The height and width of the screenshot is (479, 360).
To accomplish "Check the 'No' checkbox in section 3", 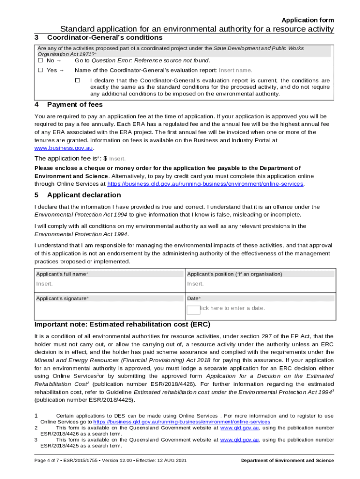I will [40, 60].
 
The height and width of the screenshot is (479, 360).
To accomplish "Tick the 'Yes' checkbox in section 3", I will [40, 70].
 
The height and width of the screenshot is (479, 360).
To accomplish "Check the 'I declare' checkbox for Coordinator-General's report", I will [78, 80].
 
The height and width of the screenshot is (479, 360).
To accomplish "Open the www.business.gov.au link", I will [60, 147].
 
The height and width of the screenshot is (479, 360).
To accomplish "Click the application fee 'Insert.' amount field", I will [117, 159].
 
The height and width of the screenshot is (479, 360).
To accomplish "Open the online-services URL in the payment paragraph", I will [205, 184].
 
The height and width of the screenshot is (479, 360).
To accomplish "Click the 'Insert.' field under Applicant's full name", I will [45, 284].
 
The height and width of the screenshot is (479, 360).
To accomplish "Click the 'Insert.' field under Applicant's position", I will [196, 284].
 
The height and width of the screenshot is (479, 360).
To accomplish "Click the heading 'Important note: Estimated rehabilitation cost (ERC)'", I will [122, 325].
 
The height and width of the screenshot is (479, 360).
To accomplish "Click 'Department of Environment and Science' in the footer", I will [287, 461].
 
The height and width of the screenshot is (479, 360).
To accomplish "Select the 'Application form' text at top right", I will [307, 20].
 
